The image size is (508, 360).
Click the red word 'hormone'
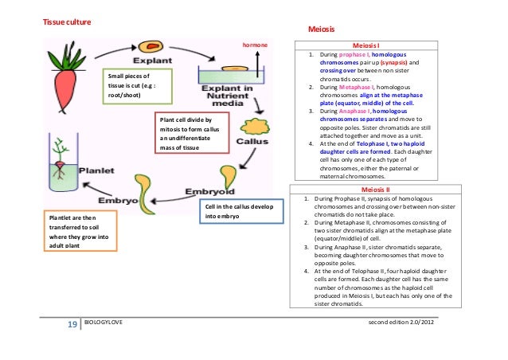click(x=255, y=45)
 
